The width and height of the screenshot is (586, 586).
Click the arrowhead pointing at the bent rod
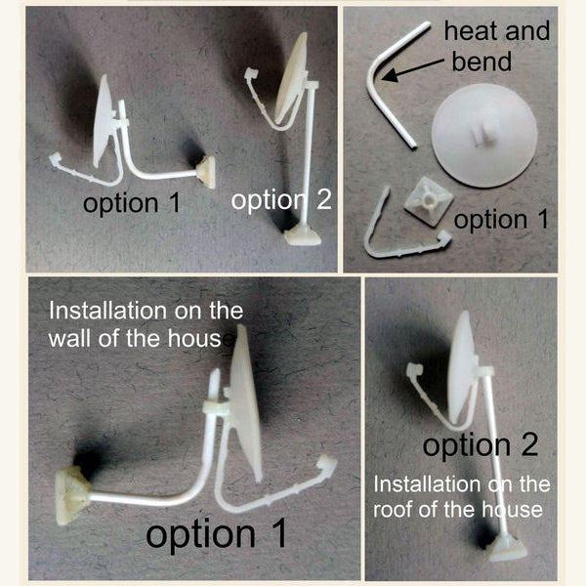[x=390, y=75]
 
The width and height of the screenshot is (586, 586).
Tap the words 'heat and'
[x=497, y=31]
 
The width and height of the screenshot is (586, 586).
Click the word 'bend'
[x=481, y=62]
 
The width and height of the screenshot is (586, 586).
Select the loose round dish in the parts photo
[x=485, y=135]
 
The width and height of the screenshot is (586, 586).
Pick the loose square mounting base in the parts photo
[x=429, y=201]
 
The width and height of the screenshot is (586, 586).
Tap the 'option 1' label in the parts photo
[x=501, y=220]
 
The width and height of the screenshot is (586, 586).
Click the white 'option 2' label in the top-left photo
[x=281, y=200]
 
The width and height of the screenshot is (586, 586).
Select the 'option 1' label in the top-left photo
[x=132, y=204]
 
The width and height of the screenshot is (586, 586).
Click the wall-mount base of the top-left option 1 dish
[x=205, y=172]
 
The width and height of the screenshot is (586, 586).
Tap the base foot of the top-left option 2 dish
[x=303, y=236]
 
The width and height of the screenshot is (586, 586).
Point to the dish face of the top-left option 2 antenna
[x=293, y=77]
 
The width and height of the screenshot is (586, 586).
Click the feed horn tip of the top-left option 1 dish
[x=55, y=160]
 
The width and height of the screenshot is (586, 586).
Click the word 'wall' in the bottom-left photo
[x=70, y=339]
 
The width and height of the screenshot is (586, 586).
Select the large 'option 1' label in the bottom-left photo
[x=216, y=534]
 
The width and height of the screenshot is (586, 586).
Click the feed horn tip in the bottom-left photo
[x=326, y=464]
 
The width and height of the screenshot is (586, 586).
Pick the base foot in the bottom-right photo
[x=508, y=549]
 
